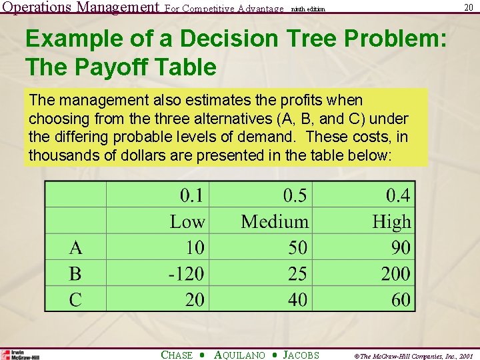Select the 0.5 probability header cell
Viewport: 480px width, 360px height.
click(295, 195)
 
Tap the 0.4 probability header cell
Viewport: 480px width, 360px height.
click(398, 195)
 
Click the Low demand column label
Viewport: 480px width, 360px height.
click(187, 221)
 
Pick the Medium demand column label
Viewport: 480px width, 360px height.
click(275, 221)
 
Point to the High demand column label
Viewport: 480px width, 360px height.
click(391, 221)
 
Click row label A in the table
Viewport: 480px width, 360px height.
click(76, 248)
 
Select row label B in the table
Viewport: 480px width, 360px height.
click(75, 273)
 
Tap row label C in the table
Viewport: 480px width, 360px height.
click(76, 299)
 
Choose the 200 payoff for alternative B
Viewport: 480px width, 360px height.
click(395, 273)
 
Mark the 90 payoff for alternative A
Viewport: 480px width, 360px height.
click(401, 248)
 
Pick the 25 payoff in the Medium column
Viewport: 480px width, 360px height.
click(297, 273)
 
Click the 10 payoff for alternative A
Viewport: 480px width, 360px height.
click(195, 248)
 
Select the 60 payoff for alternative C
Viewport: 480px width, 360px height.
click(401, 299)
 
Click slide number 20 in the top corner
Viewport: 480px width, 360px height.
click(469, 7)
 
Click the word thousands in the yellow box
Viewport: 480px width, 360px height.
click(61, 155)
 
